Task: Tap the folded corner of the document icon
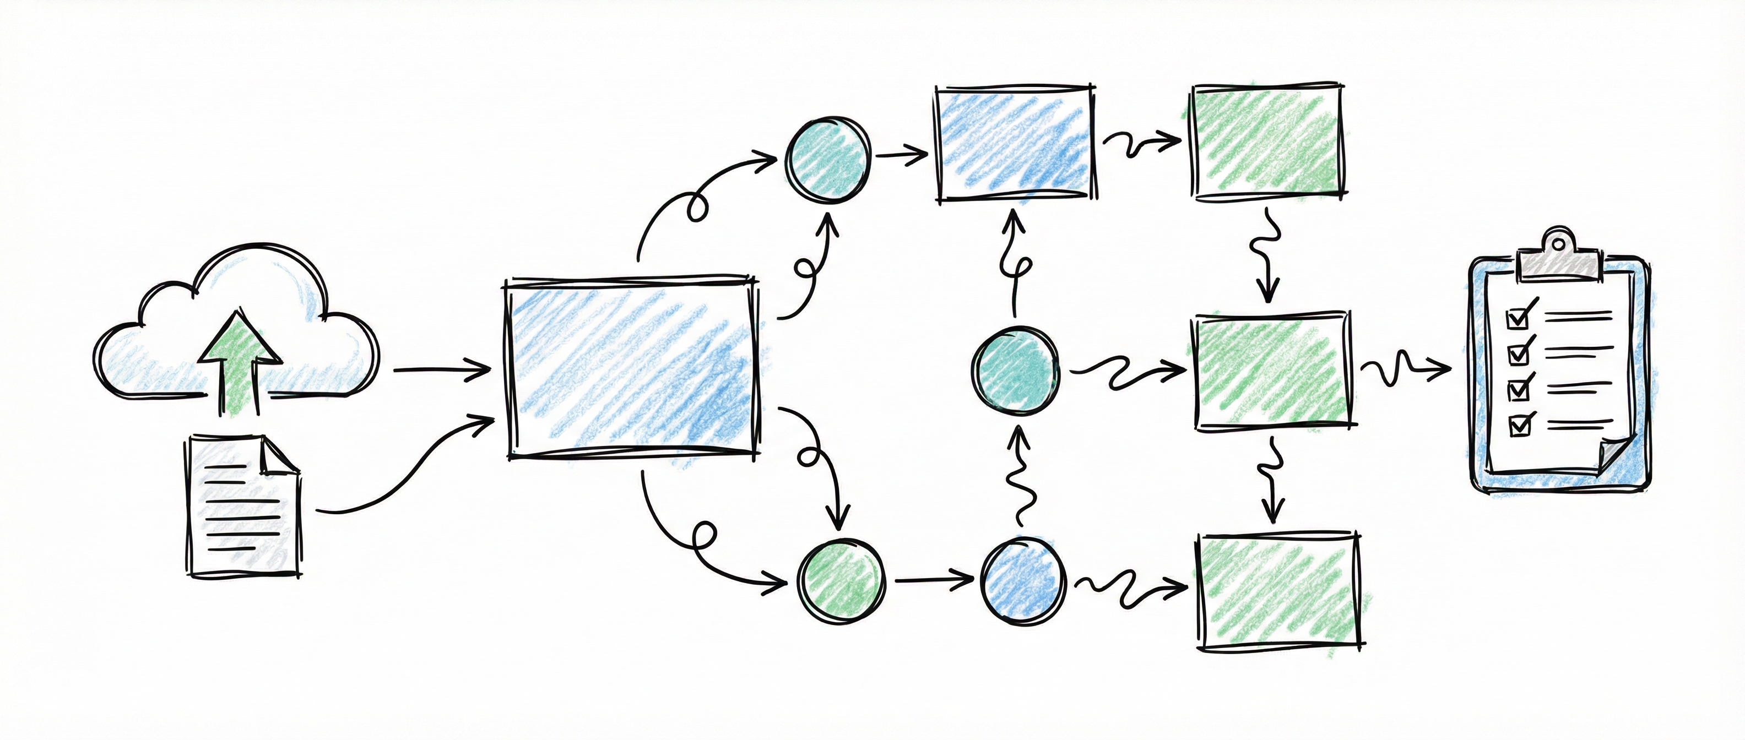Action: coord(278,455)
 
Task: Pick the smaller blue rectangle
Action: coord(1014,144)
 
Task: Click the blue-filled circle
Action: coord(1023,581)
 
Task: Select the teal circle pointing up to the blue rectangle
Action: coord(1015,371)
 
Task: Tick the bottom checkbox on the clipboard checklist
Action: coord(1519,425)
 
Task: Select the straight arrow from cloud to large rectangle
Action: coord(442,371)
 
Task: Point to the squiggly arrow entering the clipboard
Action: coord(1406,369)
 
